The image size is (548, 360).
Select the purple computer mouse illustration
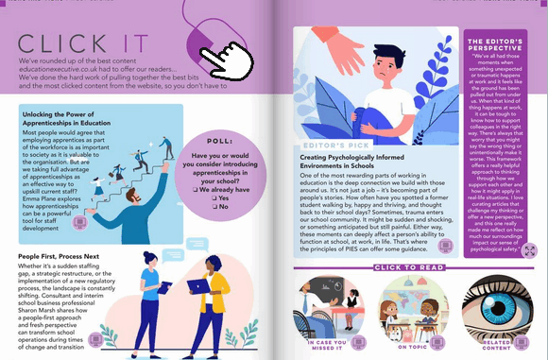tap(202, 41)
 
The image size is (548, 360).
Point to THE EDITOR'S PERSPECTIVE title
tap(503, 43)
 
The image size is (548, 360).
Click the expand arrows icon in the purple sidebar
tap(528, 250)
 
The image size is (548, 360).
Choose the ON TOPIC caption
tap(412, 347)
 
